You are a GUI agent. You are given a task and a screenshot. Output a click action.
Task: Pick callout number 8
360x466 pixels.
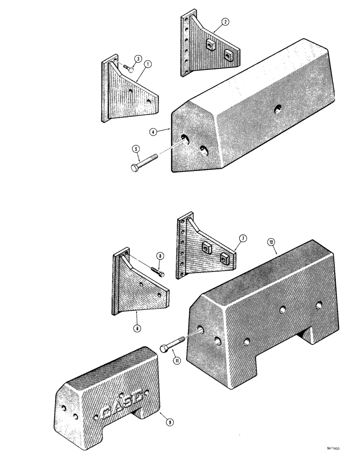coord(159,256)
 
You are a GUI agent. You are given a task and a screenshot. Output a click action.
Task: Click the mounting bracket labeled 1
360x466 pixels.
coord(128,96)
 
